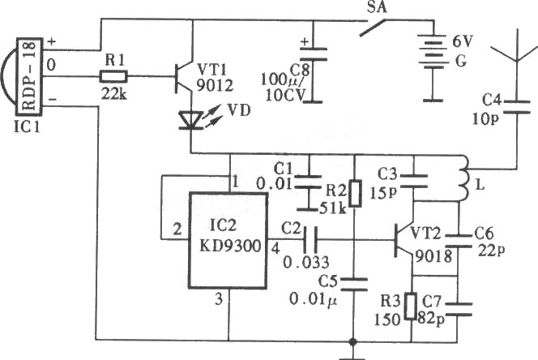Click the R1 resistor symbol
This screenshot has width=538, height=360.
tap(113, 76)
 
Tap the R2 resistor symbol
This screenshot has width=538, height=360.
tap(355, 194)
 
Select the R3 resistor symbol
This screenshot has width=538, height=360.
tap(411, 306)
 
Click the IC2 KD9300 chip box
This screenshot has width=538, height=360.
tap(228, 240)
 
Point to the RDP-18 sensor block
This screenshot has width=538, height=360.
tap(29, 77)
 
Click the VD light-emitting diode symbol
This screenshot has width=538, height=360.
tap(190, 120)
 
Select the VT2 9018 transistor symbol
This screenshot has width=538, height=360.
tap(404, 240)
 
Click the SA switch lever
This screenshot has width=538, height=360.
tap(373, 28)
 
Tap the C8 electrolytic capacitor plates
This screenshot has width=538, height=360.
tap(314, 54)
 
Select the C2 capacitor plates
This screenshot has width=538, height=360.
tap(310, 239)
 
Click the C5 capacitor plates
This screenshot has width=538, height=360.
tap(353, 285)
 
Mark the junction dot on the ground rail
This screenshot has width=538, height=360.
tap(352, 341)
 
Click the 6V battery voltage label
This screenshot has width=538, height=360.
tap(463, 41)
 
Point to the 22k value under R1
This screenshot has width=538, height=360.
tap(114, 92)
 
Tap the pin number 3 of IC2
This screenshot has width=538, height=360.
tap(219, 299)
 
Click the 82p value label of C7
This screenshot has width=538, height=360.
tap(431, 319)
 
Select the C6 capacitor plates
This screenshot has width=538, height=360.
tap(459, 241)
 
